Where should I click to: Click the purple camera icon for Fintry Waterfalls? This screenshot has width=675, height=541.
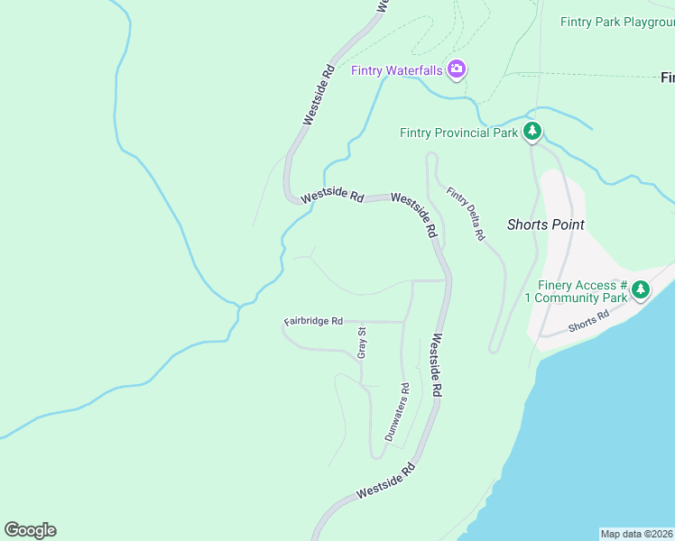click(457, 69)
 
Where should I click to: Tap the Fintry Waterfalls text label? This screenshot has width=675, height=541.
click(397, 70)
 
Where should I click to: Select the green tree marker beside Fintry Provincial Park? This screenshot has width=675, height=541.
click(532, 133)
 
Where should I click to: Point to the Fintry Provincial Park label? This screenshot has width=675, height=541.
click(458, 133)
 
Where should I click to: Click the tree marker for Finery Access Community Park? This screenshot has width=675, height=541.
click(641, 289)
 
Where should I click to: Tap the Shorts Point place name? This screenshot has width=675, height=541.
click(545, 225)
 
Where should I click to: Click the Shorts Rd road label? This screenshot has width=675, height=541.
click(589, 320)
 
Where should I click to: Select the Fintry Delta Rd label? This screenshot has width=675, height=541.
click(467, 214)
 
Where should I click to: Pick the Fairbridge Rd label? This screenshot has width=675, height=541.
click(313, 321)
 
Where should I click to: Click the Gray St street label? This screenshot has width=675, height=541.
click(362, 344)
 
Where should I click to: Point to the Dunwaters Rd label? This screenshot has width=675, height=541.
click(397, 413)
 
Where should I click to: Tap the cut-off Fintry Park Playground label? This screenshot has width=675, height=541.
click(617, 22)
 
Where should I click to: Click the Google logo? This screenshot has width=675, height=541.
click(30, 530)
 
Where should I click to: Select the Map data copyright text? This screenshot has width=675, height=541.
click(636, 534)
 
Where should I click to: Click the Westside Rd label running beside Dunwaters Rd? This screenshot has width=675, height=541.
click(437, 366)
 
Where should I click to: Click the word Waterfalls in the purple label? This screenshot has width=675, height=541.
click(413, 70)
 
